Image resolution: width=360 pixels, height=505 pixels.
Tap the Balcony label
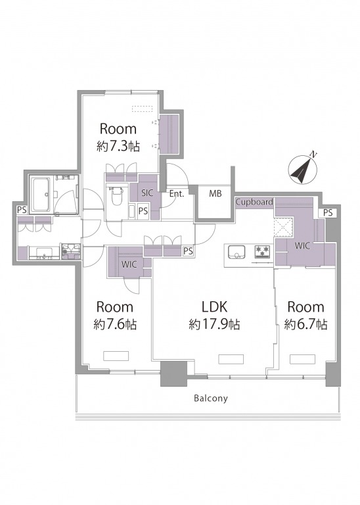click(x=211, y=398)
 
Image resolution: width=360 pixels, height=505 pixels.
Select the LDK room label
click(x=214, y=307)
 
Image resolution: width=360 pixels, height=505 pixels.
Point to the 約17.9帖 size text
click(x=214, y=324)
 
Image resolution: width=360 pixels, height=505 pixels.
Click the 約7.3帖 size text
click(x=118, y=147)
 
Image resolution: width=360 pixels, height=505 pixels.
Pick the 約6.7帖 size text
click(x=305, y=324)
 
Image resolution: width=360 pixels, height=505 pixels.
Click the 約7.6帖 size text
click(x=115, y=324)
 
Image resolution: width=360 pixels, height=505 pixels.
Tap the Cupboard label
click(x=254, y=203)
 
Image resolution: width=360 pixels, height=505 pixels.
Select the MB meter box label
click(x=215, y=193)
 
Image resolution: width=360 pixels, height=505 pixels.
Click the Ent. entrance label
click(x=176, y=194)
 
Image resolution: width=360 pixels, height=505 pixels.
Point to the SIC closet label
click(x=147, y=193)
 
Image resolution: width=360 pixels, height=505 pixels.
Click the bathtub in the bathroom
click(x=40, y=194)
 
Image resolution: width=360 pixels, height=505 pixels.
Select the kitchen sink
click(x=236, y=252)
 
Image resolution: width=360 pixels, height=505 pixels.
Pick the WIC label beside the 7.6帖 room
click(x=129, y=264)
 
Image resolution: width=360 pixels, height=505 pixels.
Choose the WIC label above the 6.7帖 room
click(x=302, y=246)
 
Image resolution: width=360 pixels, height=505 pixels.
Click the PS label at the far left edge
click(x=22, y=210)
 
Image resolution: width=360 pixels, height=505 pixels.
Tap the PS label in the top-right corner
click(x=328, y=213)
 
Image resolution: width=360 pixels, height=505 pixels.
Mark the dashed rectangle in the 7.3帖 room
click(x=142, y=109)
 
